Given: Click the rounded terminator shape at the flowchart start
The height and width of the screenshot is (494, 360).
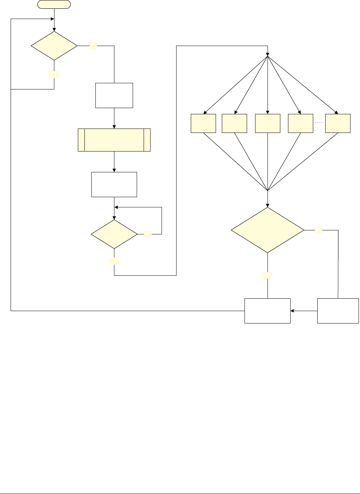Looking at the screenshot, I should (x=54, y=4).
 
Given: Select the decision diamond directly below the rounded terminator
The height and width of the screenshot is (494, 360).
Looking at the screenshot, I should (x=54, y=46).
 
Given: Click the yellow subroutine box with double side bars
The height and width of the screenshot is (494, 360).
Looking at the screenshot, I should (x=114, y=140).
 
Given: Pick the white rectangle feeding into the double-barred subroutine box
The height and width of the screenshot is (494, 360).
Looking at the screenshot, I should (x=114, y=95).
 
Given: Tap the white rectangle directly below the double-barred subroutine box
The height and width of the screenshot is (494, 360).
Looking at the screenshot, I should (x=114, y=184).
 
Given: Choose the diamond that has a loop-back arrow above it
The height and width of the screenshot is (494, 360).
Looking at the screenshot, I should (x=114, y=234).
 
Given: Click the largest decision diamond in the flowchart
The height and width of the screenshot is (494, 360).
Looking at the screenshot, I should (x=268, y=230).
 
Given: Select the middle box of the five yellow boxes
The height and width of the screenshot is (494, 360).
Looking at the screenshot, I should (x=268, y=123).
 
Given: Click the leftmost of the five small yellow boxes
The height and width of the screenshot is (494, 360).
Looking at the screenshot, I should (x=203, y=123).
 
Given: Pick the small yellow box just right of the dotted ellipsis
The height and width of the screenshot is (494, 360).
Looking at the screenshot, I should (x=338, y=123).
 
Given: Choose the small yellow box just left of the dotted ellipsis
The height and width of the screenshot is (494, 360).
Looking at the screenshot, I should (x=300, y=123).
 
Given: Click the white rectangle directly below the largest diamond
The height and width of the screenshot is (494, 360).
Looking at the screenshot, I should (x=267, y=311).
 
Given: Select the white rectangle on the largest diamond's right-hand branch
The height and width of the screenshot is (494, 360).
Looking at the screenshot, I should (x=338, y=311).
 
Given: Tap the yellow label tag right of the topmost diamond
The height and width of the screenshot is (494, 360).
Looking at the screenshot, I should (x=93, y=46).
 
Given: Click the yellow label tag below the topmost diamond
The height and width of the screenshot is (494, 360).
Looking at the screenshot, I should (x=54, y=74).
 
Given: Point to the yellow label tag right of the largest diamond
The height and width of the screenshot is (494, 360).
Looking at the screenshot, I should (x=319, y=230).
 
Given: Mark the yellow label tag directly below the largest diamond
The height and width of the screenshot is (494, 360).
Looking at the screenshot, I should (x=268, y=275).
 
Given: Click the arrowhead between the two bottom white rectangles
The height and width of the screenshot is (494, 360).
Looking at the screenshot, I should (x=292, y=311).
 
